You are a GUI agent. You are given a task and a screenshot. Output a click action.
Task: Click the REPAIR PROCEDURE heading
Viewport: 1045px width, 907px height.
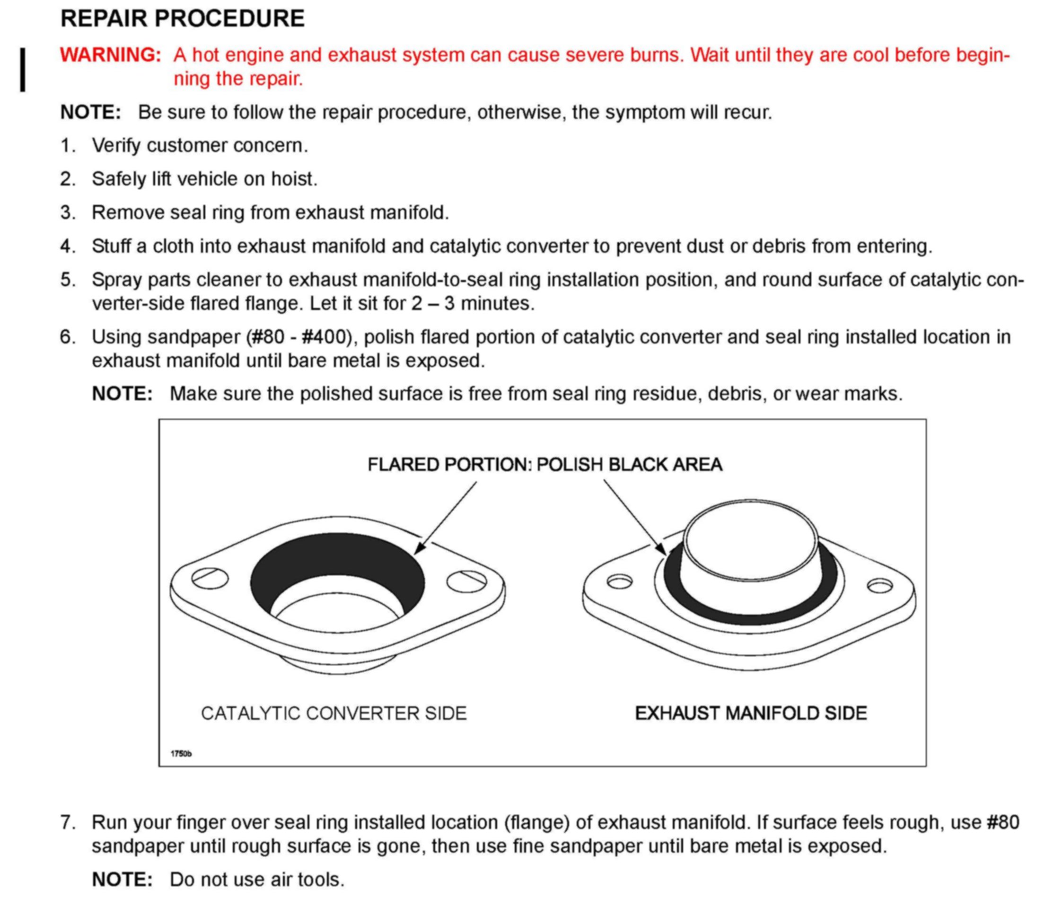(x=182, y=19)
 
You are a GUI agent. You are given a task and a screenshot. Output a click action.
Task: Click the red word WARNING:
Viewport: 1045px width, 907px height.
(x=110, y=55)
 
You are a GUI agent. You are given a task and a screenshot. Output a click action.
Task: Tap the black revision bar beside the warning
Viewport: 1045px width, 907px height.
(x=23, y=70)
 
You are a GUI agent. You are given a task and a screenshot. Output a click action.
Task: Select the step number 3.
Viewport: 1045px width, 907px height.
(x=68, y=212)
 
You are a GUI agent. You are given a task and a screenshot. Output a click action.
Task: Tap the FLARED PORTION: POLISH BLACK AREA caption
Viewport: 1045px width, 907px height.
(x=544, y=465)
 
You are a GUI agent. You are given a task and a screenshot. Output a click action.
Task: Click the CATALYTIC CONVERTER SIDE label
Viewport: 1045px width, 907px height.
(x=334, y=713)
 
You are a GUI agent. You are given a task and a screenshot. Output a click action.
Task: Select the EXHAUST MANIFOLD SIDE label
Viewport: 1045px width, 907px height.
(x=751, y=713)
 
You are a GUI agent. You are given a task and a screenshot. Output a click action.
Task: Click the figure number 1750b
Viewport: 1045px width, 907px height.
(x=181, y=754)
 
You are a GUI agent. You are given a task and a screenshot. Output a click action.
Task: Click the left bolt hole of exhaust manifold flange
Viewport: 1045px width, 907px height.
(x=619, y=581)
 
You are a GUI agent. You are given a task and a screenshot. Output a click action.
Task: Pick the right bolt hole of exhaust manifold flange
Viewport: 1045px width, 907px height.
(x=880, y=586)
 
